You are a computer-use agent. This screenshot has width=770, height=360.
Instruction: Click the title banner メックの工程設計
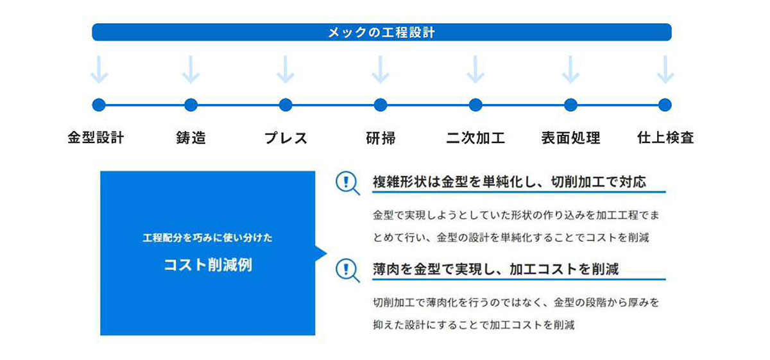382,32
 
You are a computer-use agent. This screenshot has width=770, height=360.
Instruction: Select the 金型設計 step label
96,137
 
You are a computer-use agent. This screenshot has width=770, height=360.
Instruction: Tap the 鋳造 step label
191,137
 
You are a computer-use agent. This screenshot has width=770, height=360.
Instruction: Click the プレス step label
286,138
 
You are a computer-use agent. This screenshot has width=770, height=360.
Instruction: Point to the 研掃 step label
381,138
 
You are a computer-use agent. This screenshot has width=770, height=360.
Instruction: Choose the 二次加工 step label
475,138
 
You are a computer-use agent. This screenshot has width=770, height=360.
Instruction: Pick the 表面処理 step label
570,138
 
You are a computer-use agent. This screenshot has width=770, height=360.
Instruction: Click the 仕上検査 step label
665,137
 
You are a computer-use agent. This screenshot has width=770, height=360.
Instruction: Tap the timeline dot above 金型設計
99,105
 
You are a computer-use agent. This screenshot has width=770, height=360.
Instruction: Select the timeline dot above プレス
286,105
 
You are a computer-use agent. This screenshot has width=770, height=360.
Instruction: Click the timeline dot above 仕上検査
665,105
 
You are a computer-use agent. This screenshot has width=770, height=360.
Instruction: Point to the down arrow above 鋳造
191,69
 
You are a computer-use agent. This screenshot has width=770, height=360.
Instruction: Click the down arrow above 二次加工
475,69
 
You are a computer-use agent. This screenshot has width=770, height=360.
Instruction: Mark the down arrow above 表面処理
570,69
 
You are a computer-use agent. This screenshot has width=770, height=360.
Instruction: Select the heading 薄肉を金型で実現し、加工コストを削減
495,269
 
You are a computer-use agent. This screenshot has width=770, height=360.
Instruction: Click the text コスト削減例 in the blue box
208,265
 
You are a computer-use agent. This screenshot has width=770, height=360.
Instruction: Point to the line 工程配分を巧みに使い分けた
208,237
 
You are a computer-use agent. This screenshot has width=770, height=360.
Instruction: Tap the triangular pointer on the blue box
320,253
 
